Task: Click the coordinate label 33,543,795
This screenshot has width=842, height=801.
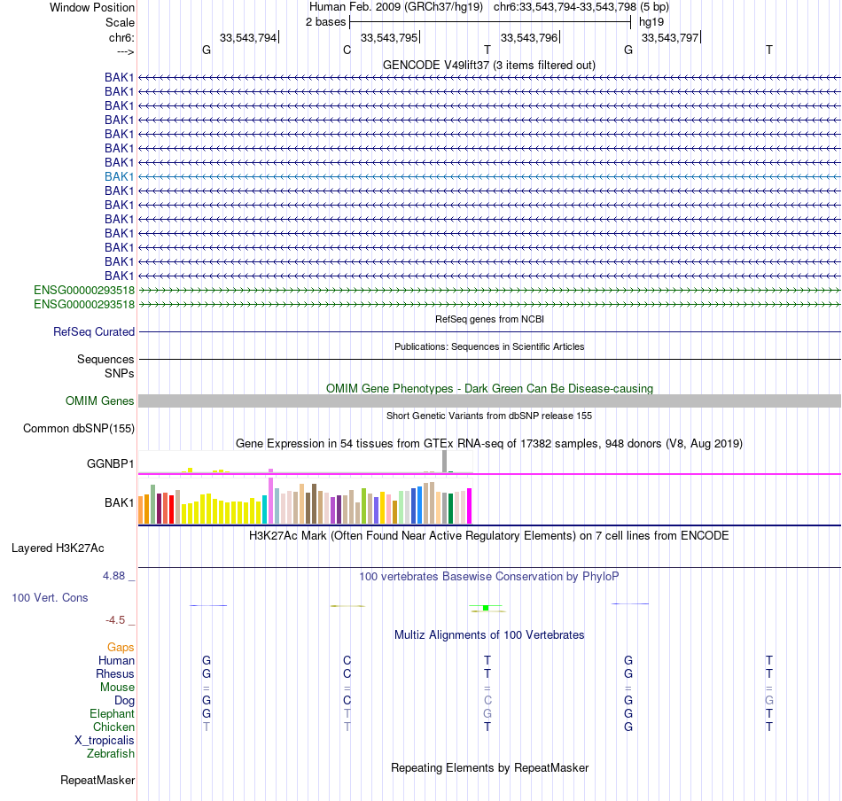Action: pyautogui.click(x=388, y=37)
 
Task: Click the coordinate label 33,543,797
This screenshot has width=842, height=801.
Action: pyautogui.click(x=669, y=37)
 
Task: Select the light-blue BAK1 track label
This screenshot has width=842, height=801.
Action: pyautogui.click(x=120, y=176)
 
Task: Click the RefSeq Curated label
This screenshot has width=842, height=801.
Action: pyautogui.click(x=94, y=332)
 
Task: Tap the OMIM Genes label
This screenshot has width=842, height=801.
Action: pyautogui.click(x=100, y=401)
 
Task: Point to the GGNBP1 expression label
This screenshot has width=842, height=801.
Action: pyautogui.click(x=110, y=463)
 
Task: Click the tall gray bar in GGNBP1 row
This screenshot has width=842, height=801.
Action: pyautogui.click(x=444, y=462)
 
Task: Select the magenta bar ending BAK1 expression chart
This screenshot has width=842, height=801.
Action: pyautogui.click(x=469, y=506)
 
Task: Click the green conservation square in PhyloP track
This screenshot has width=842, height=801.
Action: pyautogui.click(x=486, y=608)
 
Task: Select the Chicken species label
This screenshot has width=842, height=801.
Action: pyautogui.click(x=113, y=727)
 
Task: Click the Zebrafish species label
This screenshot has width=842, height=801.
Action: pyautogui.click(x=111, y=754)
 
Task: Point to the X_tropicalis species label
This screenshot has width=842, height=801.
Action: pyautogui.click(x=105, y=741)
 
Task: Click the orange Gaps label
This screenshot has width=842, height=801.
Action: pyautogui.click(x=121, y=648)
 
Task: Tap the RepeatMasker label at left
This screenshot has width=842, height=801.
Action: pyautogui.click(x=97, y=781)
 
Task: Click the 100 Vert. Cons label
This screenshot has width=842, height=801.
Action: pyautogui.click(x=50, y=598)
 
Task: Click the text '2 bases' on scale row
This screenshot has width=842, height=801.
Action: pyautogui.click(x=325, y=20)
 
